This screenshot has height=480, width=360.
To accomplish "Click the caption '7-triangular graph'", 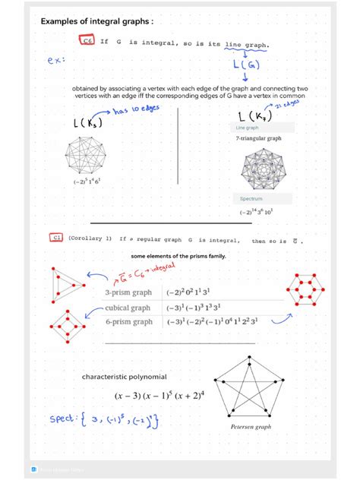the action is point(258,139).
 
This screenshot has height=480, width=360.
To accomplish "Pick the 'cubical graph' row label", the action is point(128,308).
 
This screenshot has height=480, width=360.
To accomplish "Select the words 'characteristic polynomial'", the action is point(125,377).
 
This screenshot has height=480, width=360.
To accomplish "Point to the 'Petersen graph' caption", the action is point(251,428).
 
